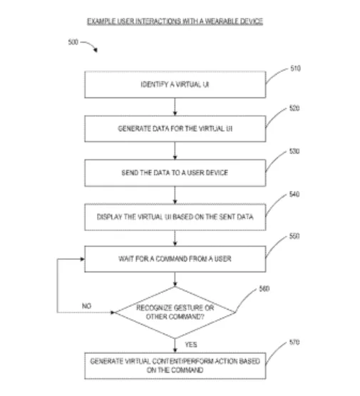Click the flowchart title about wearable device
[175, 21]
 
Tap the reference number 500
[73, 42]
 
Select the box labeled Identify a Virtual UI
[175, 85]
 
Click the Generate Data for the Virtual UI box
[175, 129]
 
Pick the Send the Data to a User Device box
[175, 173]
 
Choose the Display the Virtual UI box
[175, 217]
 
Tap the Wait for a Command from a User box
[175, 259]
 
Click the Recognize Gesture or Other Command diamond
[175, 313]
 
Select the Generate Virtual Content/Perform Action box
[175, 366]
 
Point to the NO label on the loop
[87, 306]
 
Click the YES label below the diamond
[191, 345]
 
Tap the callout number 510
[295, 68]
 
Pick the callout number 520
[294, 108]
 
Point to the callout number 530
[294, 151]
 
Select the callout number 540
[294, 194]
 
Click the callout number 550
[294, 236]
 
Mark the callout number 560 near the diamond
[264, 288]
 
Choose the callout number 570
[294, 342]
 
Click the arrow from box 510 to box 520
[175, 107]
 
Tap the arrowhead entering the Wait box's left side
[83, 259]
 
